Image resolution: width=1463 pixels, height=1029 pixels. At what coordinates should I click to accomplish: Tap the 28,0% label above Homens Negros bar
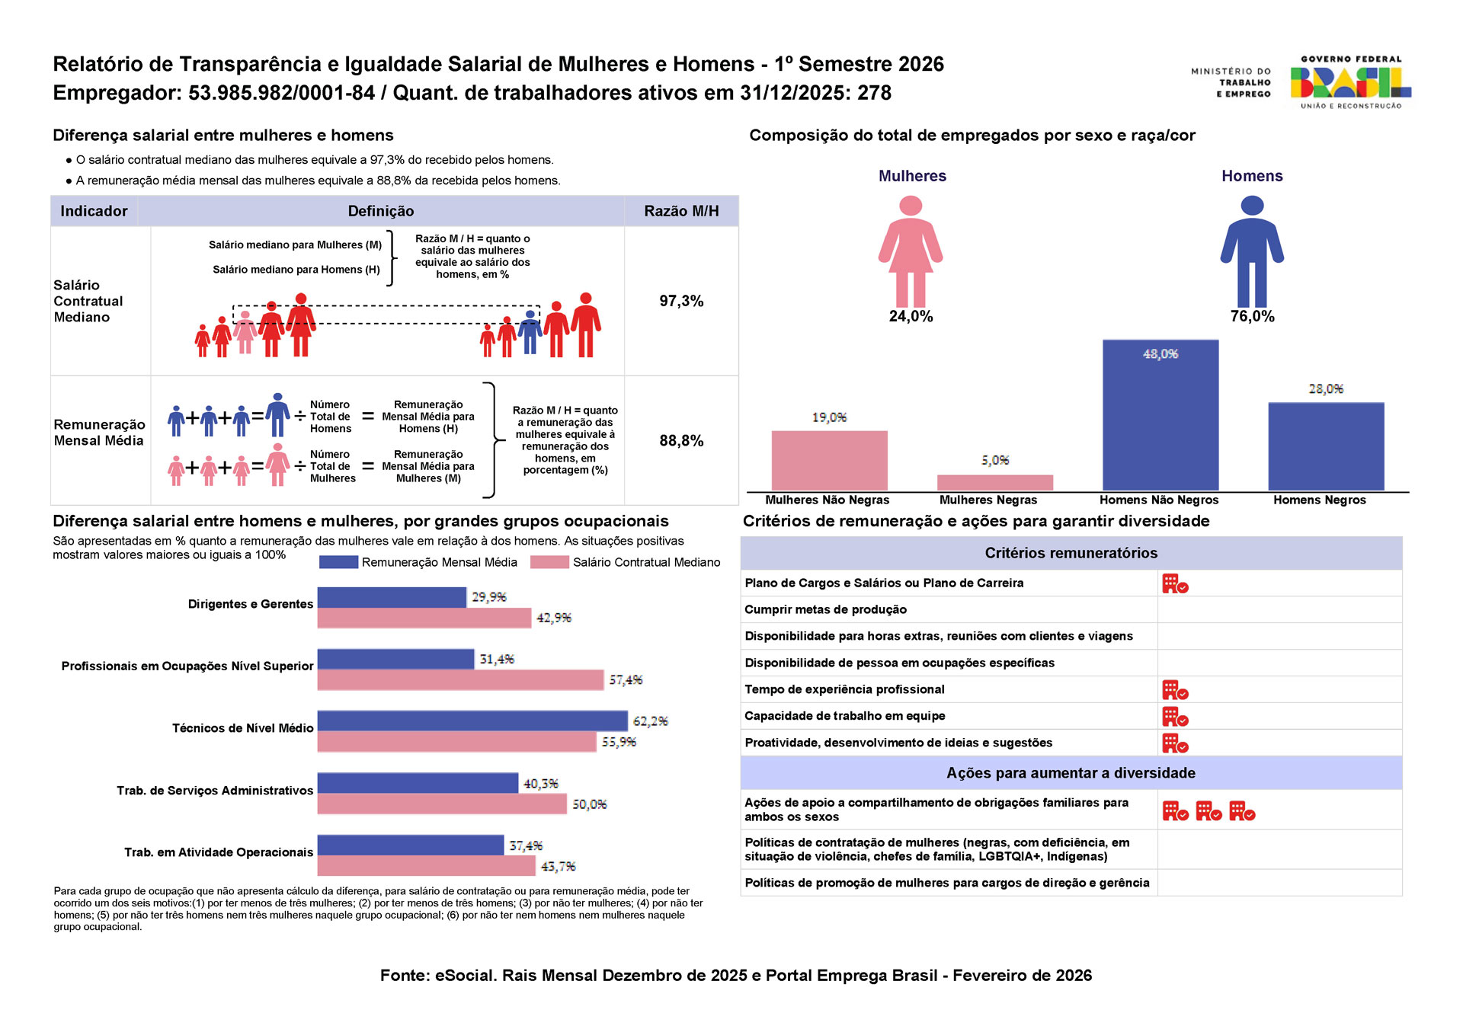[1326, 389]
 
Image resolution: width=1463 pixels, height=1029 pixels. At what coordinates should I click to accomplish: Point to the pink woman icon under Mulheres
[911, 251]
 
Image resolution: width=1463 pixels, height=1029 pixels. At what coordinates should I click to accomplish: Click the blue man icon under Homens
[1252, 251]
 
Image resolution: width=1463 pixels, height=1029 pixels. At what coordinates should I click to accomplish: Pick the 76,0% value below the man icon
[1252, 317]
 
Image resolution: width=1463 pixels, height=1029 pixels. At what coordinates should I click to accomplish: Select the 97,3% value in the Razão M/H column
[681, 301]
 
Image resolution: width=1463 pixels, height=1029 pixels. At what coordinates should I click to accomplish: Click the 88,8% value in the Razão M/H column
[681, 441]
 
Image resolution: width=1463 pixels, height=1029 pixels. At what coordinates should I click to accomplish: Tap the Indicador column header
[94, 211]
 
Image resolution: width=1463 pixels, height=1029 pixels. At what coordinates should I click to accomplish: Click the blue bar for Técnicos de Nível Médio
[472, 721]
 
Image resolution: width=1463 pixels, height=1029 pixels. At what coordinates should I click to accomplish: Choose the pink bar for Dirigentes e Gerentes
[424, 618]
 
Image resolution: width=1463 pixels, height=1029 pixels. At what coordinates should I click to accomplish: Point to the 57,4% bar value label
[626, 679]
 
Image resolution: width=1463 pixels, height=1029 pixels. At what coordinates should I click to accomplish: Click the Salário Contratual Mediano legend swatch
[549, 562]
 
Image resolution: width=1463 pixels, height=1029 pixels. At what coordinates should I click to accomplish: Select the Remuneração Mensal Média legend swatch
[338, 562]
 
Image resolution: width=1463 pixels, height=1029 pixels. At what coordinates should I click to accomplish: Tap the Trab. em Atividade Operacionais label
[219, 852]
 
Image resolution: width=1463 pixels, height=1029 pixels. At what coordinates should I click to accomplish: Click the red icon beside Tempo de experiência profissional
[1175, 690]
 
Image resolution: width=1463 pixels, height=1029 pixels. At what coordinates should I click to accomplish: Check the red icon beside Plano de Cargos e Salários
[1175, 583]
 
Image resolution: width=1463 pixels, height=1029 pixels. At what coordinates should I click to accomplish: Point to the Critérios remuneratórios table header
[1071, 553]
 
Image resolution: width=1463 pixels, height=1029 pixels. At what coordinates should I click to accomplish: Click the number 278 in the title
[874, 93]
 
